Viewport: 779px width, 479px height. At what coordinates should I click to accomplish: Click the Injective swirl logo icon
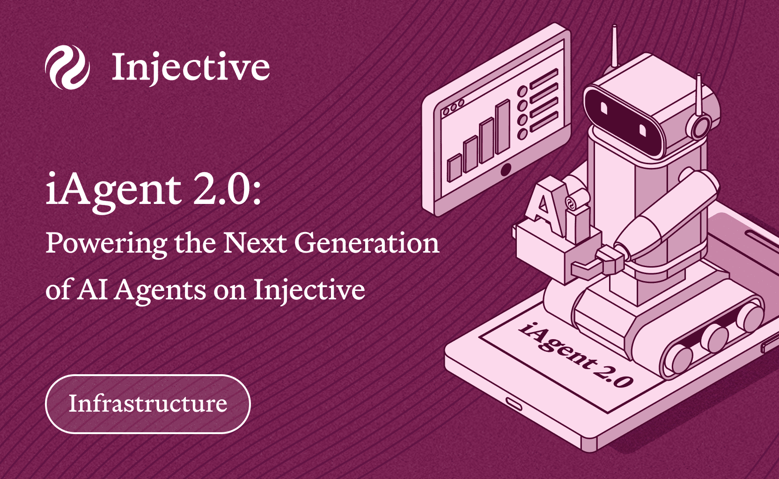click(x=67, y=67)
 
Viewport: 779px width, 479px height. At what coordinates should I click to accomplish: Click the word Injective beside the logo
click(x=191, y=67)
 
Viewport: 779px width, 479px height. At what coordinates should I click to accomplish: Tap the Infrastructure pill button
click(x=148, y=404)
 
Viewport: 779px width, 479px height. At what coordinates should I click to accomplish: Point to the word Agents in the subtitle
click(x=160, y=290)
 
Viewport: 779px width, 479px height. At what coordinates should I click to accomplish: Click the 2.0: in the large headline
click(x=227, y=190)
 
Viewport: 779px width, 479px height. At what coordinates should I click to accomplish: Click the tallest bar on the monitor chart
click(x=503, y=126)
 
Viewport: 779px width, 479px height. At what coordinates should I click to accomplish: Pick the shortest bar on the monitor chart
click(x=454, y=168)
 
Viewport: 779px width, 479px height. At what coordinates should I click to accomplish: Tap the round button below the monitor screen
click(x=506, y=170)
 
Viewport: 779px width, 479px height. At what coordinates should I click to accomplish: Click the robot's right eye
click(x=642, y=131)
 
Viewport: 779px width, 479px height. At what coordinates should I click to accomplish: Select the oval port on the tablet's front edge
click(x=514, y=404)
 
